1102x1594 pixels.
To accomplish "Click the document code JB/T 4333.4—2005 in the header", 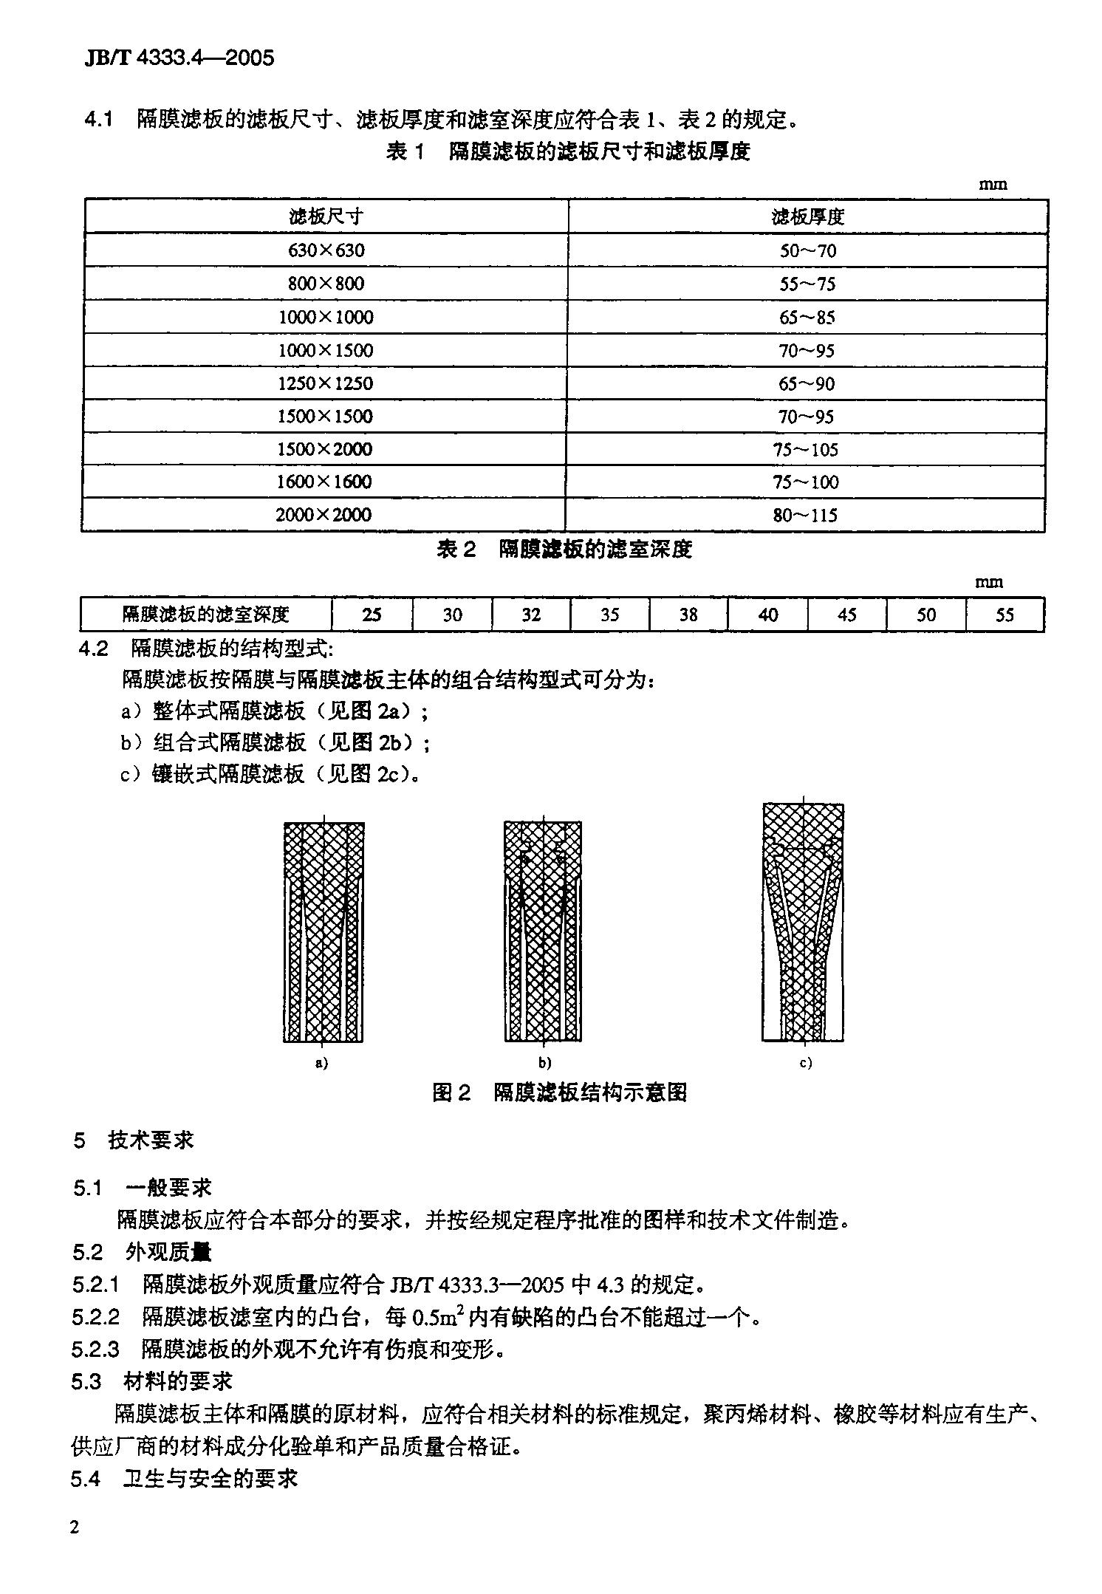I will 179,58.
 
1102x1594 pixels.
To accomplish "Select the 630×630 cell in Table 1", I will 326,250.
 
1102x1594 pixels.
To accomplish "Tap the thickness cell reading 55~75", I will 807,284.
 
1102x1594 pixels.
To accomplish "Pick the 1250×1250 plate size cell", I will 325,383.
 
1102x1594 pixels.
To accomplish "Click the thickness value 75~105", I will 807,449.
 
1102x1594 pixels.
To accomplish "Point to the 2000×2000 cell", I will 324,515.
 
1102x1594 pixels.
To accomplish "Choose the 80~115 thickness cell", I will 805,515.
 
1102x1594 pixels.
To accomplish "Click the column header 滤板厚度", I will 807,216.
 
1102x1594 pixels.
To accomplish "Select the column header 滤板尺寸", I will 326,216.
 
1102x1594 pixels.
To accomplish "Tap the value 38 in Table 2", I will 688,615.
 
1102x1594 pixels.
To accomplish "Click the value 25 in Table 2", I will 372,615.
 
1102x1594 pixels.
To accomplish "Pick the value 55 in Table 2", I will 1005,615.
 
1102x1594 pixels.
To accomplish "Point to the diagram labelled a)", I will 324,931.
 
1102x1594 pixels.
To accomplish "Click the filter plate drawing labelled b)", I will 543,931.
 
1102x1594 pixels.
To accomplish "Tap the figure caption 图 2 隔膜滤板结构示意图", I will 559,1092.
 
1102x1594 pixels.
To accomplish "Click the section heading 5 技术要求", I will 133,1140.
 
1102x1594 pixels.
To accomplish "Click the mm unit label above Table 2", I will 989,582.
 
